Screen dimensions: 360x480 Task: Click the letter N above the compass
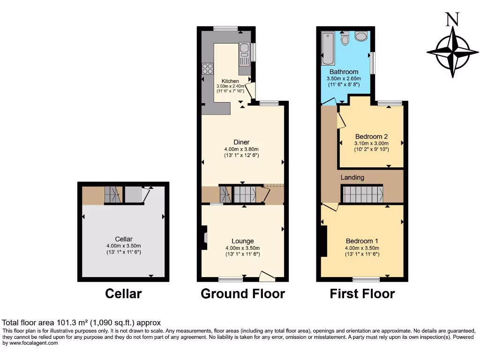click(452, 19)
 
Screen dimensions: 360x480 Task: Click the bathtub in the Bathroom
click(328, 48)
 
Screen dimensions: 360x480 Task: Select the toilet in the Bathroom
click(345, 38)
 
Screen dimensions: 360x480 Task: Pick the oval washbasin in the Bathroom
click(361, 37)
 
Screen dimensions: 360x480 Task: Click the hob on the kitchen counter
click(207, 69)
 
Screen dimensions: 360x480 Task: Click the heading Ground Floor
click(242, 294)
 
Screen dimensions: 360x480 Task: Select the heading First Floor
click(362, 294)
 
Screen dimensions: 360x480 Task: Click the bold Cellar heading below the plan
click(123, 294)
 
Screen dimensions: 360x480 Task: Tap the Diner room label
click(242, 142)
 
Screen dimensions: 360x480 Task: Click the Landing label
click(352, 178)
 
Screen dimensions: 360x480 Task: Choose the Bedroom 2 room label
click(371, 137)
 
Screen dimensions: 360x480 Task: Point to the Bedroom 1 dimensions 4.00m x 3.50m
click(362, 248)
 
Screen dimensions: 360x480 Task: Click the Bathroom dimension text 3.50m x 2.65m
click(344, 79)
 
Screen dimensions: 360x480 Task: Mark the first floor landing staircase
click(361, 194)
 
